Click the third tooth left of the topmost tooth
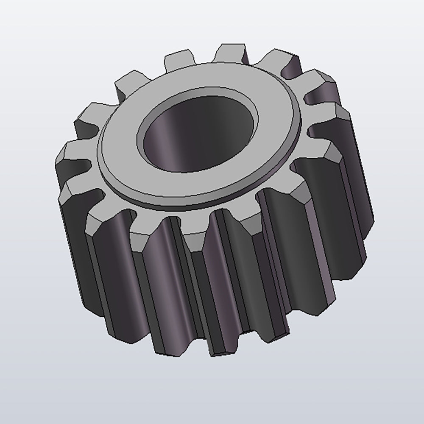pos(91,112)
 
